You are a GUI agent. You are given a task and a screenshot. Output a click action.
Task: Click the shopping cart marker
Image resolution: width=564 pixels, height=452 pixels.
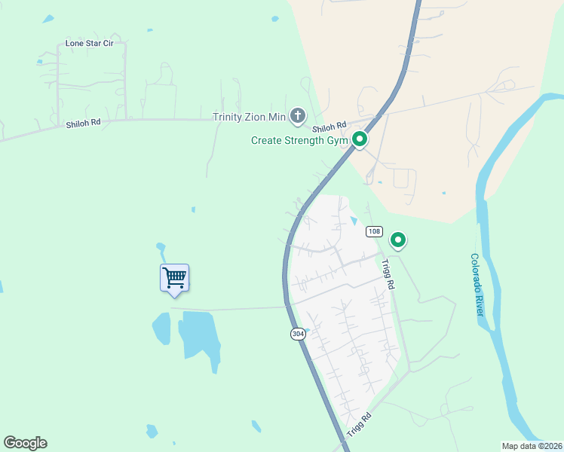(x=174, y=277)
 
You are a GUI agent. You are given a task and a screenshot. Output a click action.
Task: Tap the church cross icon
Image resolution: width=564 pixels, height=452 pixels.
(x=298, y=116)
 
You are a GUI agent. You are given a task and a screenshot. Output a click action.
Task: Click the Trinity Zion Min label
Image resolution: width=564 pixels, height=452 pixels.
(x=250, y=117)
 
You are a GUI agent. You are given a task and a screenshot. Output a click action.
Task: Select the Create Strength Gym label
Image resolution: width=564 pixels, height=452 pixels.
(x=299, y=140)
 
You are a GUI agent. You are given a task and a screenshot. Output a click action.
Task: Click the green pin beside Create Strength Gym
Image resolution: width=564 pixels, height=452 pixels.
(x=360, y=139)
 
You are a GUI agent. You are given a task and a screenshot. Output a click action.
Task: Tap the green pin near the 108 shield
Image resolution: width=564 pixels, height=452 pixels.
(x=398, y=240)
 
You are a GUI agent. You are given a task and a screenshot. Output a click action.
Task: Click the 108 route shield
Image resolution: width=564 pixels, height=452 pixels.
(x=374, y=231)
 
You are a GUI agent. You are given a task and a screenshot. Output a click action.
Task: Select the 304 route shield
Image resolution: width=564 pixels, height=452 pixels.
(x=299, y=333)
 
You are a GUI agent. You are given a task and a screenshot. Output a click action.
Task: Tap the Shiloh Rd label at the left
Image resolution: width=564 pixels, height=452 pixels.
(x=83, y=123)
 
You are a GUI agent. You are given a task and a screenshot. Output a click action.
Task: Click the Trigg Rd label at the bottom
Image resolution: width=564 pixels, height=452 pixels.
(x=360, y=426)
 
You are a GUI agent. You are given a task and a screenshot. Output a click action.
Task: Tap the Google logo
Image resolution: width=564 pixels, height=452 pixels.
(x=25, y=443)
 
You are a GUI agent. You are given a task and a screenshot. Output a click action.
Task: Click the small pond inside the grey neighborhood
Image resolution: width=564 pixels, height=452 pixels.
(x=354, y=221)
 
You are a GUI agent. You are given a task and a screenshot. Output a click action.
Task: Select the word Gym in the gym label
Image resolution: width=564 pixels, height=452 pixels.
(x=338, y=140)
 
